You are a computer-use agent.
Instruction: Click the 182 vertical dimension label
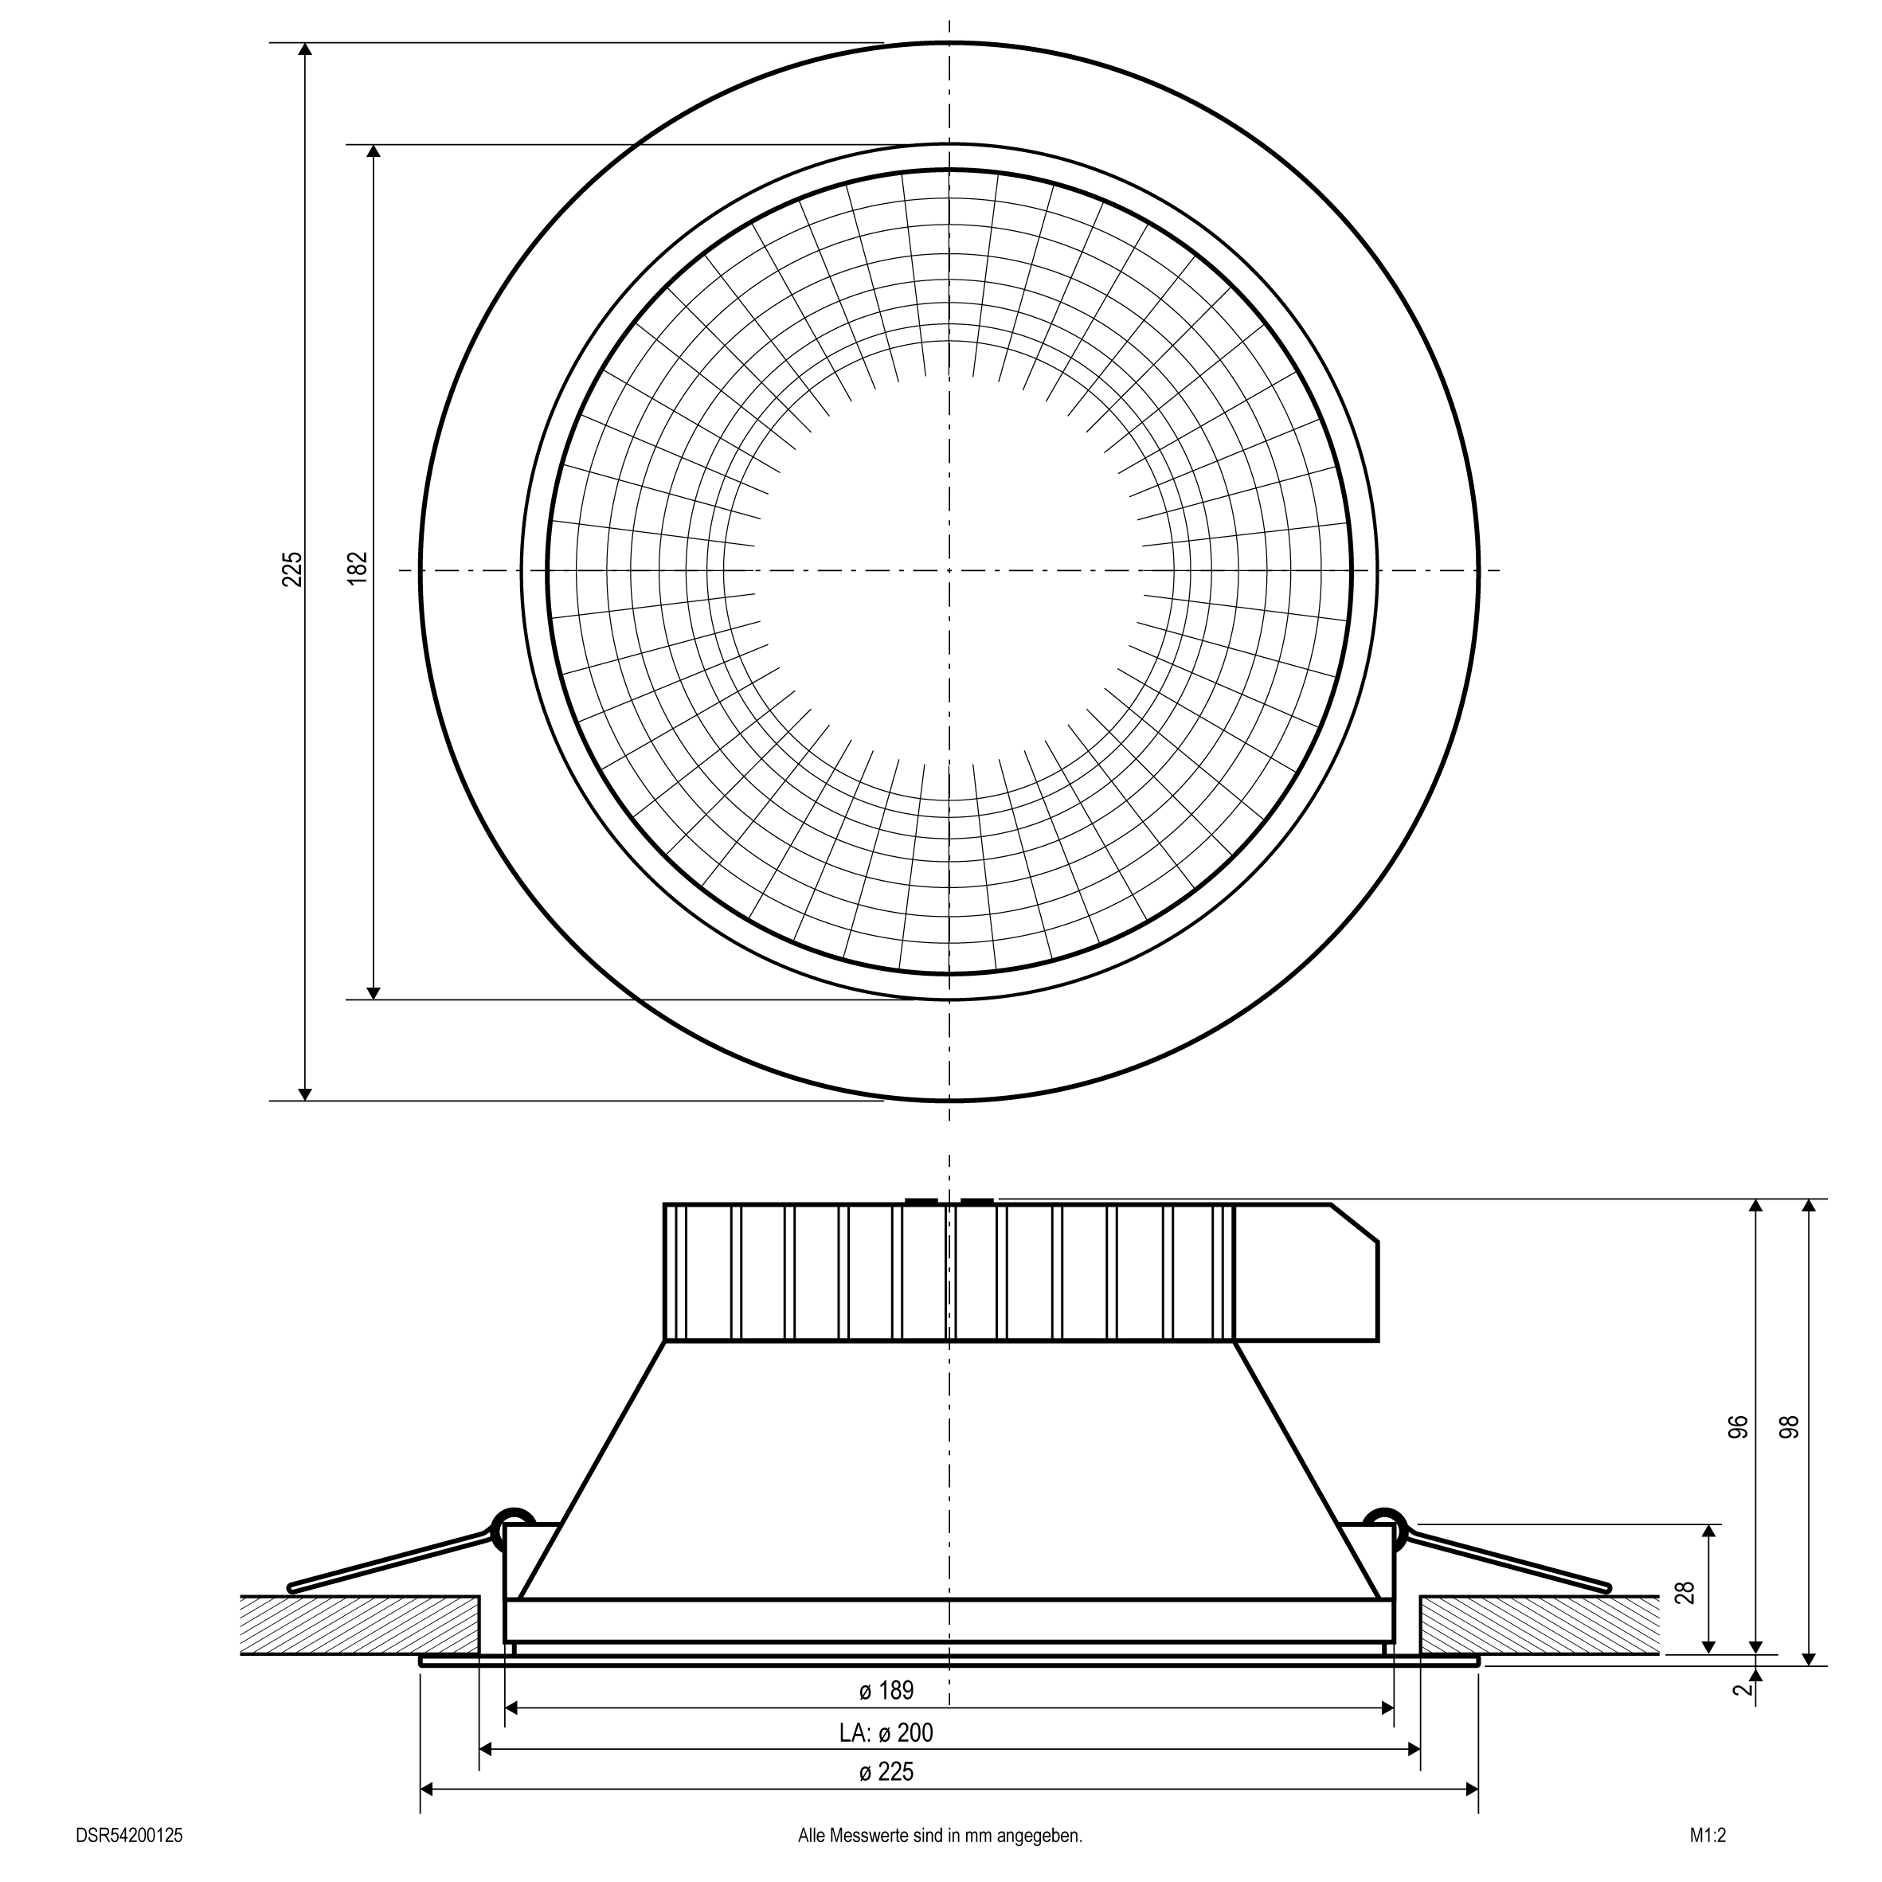[x=358, y=568]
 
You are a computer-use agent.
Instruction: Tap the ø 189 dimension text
[x=886, y=1690]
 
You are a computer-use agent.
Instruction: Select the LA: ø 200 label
[x=886, y=1732]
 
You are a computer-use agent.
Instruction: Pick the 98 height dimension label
[x=1790, y=1426]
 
